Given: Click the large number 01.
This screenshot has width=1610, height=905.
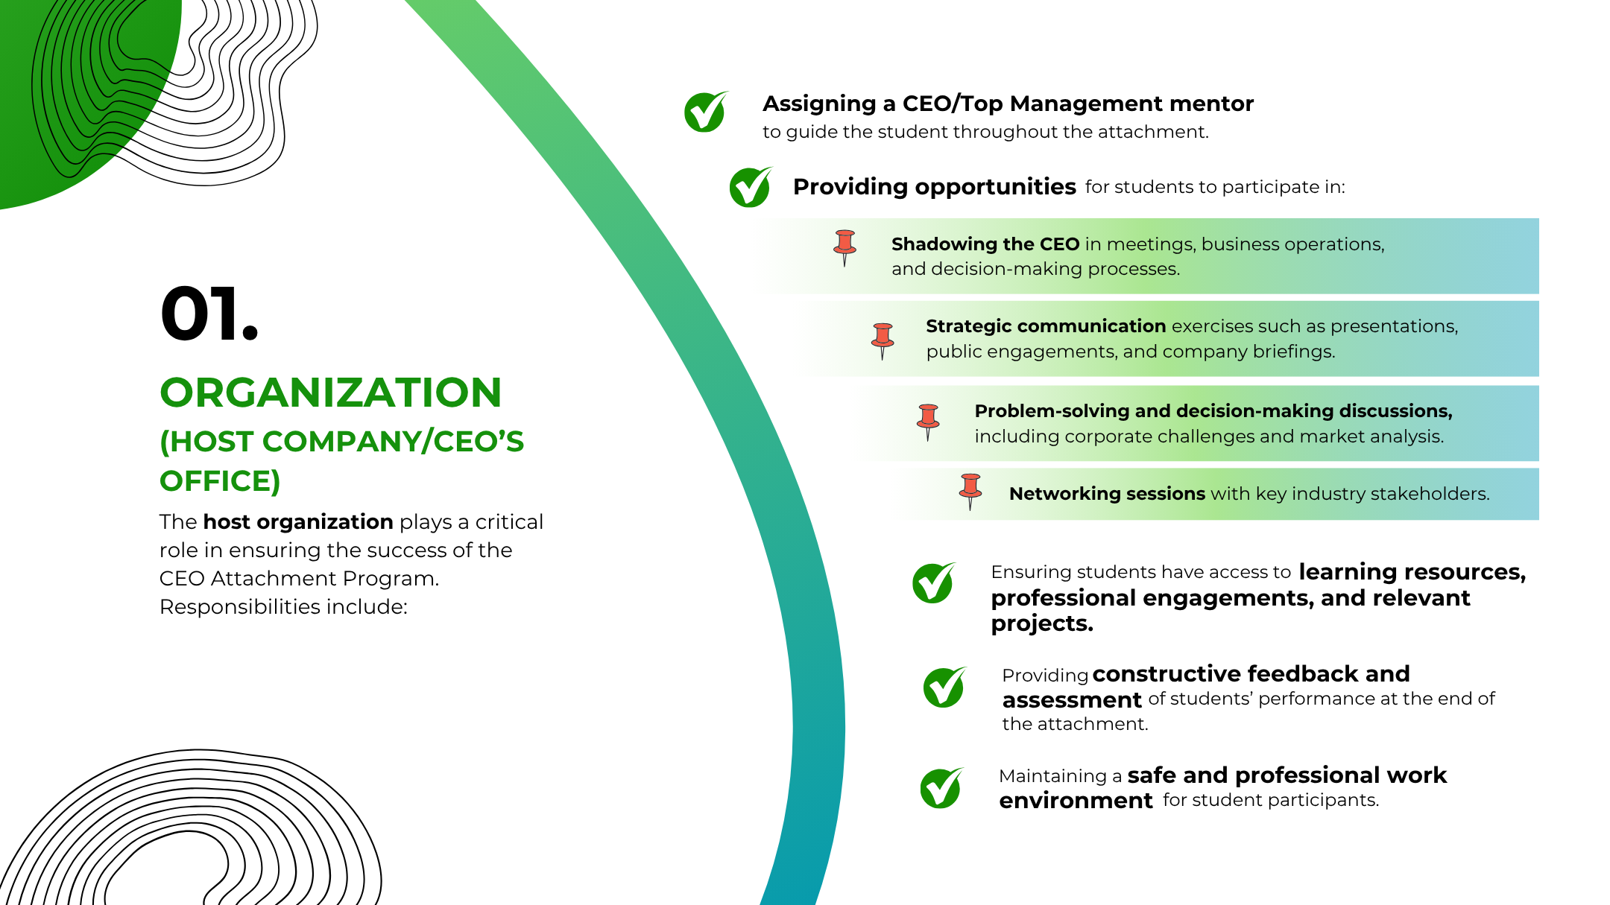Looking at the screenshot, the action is (x=209, y=314).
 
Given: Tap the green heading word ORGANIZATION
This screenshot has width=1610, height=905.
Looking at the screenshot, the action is (x=331, y=393).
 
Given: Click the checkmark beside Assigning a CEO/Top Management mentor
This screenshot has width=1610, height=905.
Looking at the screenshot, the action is (x=706, y=112).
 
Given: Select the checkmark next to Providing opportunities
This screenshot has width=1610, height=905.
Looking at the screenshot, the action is (x=751, y=186).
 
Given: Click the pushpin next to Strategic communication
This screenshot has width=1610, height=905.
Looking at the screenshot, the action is (x=883, y=341).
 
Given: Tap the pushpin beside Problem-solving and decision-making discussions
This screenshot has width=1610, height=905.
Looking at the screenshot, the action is (x=928, y=422).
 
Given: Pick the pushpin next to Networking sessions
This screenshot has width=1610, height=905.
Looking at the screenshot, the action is (x=970, y=492).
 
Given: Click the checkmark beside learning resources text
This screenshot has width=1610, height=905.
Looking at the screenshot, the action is (x=934, y=582).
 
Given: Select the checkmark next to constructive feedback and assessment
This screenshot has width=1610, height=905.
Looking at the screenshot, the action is (x=945, y=687).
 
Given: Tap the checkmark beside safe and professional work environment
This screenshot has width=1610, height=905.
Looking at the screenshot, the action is (x=942, y=787).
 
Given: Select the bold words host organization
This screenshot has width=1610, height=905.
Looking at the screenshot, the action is (x=298, y=522).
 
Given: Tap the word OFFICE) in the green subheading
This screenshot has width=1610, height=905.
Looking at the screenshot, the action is (x=220, y=481).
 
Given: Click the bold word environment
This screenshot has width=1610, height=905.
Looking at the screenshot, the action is (x=1076, y=801).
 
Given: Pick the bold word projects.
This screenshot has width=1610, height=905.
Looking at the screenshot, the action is (x=1042, y=624).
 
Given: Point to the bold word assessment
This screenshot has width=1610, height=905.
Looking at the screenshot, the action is (x=1072, y=700).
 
